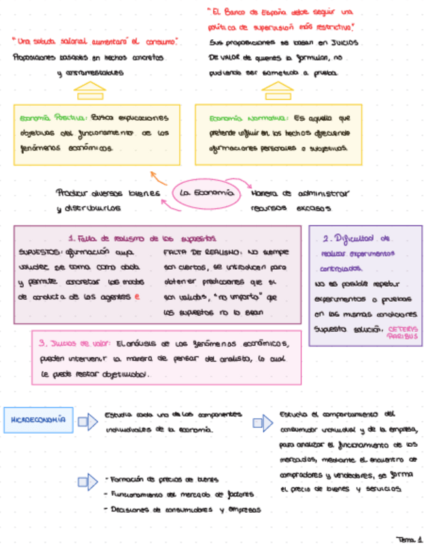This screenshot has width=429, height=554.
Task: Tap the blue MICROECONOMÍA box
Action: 39,422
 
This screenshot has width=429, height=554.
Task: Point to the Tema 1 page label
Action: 410,540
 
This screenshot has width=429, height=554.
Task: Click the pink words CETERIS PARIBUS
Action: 401,332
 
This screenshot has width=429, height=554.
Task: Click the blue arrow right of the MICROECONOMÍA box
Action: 88,422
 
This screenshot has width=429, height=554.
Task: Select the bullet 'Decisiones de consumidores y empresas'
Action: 183,510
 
